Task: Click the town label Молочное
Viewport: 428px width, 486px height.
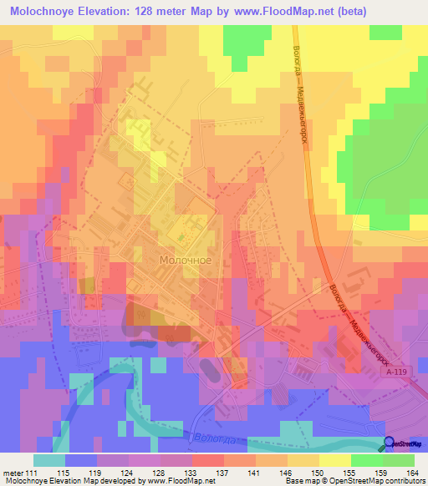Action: coord(186,260)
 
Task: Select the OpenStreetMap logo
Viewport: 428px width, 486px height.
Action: coord(404,444)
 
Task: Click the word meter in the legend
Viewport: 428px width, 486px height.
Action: coord(13,473)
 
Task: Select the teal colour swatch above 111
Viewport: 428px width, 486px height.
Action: coord(49,460)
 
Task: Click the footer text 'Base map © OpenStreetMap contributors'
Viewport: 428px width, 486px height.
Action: coord(354,482)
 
